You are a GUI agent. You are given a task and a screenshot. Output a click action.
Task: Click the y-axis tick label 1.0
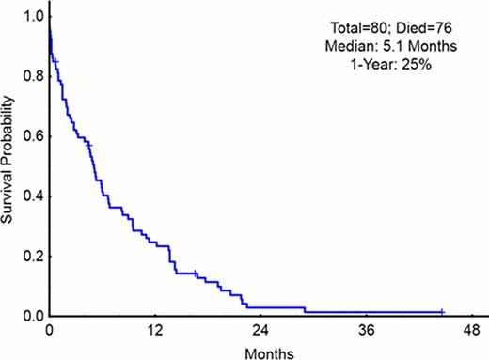pyautogui.click(x=33, y=17)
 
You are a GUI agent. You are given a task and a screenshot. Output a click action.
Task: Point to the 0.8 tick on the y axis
pyautogui.click(x=33, y=76)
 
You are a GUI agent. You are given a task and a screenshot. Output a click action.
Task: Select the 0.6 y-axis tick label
pyautogui.click(x=33, y=136)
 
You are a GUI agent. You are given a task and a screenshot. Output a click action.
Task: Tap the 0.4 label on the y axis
pyautogui.click(x=33, y=196)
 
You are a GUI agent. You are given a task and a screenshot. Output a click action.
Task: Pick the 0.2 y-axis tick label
pyautogui.click(x=33, y=256)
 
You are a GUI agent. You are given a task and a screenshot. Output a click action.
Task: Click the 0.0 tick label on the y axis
pyautogui.click(x=33, y=316)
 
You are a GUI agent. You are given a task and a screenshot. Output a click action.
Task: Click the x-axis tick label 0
pyautogui.click(x=49, y=331)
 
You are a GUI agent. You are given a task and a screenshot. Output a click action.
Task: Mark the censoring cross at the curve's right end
pyautogui.click(x=442, y=311)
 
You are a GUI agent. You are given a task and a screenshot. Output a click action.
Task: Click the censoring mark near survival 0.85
pyautogui.click(x=55, y=61)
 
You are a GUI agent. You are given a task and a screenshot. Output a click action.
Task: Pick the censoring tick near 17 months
pyautogui.click(x=196, y=274)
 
